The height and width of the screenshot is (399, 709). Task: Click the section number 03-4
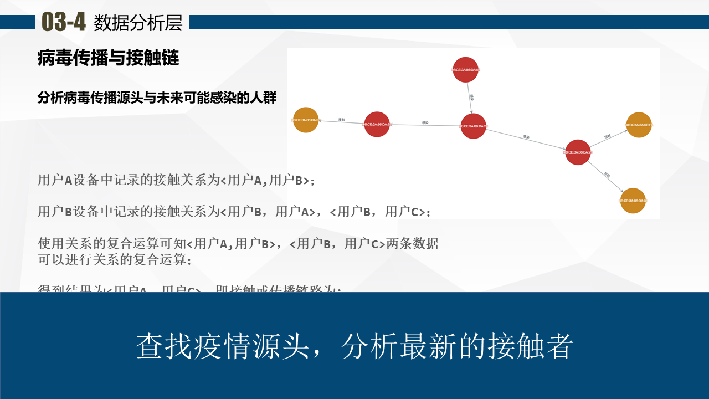point(64,22)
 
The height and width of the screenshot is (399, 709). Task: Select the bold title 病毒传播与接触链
point(109,58)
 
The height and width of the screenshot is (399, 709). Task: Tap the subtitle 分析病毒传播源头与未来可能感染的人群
point(157,98)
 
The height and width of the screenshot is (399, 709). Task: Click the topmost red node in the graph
point(465,70)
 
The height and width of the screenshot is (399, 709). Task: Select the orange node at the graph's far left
point(306,120)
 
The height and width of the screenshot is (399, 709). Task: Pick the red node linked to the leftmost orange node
point(378,125)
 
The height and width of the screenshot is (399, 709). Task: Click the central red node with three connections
point(473,126)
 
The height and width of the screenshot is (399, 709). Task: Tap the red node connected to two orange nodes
point(578,152)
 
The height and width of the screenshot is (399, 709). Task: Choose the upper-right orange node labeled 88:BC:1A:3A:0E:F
point(639,125)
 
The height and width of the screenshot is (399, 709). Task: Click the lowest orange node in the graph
point(633,201)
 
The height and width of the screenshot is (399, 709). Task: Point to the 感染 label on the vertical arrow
point(472,97)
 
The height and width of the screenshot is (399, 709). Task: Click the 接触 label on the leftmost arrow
point(342,120)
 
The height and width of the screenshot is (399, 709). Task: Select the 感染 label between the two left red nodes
point(425,123)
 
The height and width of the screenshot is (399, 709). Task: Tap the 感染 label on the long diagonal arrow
point(526,136)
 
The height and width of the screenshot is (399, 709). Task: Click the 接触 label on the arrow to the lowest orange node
point(607,175)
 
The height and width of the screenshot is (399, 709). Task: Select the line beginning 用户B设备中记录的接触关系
point(234,211)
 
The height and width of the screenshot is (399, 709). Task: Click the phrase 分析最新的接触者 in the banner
point(458,346)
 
